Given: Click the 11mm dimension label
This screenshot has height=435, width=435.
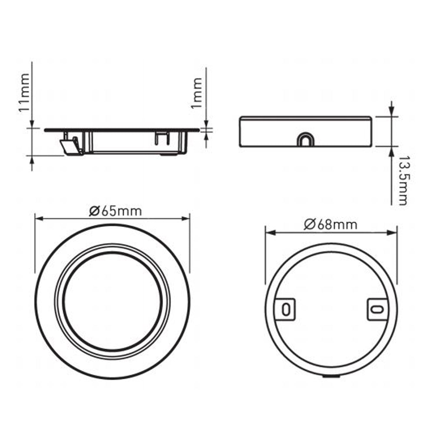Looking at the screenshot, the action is (x=24, y=92).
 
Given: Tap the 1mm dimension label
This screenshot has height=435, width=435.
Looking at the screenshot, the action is (x=197, y=93).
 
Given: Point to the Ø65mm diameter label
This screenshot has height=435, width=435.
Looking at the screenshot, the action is (x=115, y=211).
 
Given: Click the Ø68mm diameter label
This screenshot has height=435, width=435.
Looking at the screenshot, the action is (x=331, y=224).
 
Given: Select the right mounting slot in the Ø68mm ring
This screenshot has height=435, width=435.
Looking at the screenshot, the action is (x=377, y=309).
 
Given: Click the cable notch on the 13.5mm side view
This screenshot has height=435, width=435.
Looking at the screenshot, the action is (x=305, y=139).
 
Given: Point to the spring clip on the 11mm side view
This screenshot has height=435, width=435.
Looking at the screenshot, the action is (x=71, y=146).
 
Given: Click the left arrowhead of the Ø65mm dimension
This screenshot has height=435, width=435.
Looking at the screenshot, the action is (x=39, y=219).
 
